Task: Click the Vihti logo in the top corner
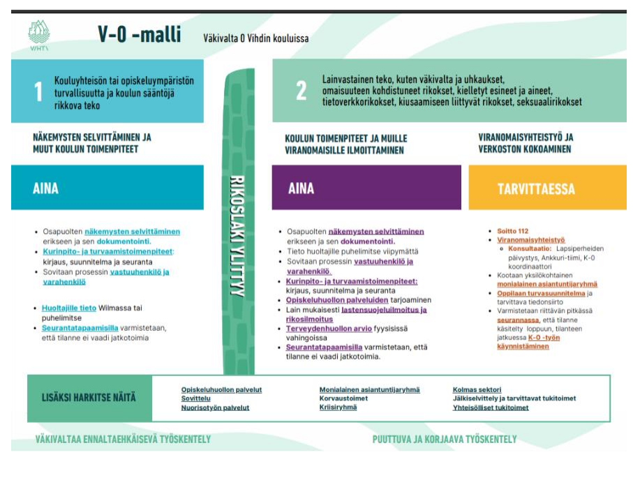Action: pos(39,34)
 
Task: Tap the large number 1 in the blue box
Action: pos(39,91)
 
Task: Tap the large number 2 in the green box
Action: pos(301,91)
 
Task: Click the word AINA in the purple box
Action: pos(301,188)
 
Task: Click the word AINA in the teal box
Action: pos(45,188)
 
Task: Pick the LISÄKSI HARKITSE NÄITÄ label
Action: pos(89,398)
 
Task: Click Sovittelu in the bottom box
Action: pos(196,398)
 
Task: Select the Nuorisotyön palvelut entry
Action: pos(214,407)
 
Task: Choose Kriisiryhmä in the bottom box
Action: pos(338,407)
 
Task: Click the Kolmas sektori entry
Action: pos(477,390)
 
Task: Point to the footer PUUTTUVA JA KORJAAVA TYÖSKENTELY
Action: pos(445,440)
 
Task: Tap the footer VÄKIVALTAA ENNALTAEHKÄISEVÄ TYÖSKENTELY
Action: pos(123,440)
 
